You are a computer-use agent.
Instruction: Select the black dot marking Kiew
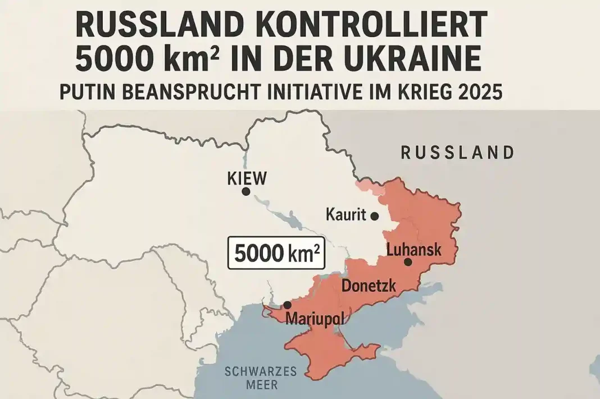point(246,192)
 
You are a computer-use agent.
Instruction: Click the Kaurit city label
point(346,214)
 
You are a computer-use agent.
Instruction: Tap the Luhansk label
point(414,249)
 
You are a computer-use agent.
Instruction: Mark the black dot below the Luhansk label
point(408,262)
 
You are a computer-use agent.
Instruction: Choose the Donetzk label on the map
point(369,286)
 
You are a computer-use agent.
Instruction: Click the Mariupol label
point(315,318)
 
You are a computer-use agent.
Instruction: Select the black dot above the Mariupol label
point(287,305)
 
